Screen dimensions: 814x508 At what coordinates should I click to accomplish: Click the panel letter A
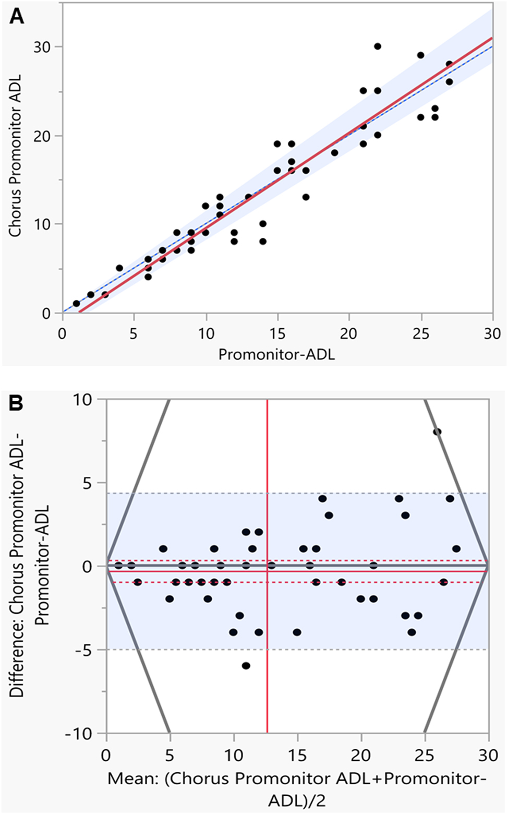17,17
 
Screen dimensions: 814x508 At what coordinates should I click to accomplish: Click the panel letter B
17,404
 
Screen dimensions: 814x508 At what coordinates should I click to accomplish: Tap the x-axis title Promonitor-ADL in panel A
276,354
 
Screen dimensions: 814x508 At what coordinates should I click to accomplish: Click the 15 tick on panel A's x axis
277,333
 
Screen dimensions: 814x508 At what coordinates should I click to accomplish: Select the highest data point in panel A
378,46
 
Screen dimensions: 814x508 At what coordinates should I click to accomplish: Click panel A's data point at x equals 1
77,303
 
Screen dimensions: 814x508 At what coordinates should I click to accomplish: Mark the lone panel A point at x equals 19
334,153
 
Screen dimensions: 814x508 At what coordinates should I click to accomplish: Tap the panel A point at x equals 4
119,268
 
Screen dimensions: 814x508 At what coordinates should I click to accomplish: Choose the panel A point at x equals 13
248,197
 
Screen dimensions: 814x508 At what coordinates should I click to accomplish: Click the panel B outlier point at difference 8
437,432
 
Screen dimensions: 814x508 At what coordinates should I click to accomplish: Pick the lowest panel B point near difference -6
246,665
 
